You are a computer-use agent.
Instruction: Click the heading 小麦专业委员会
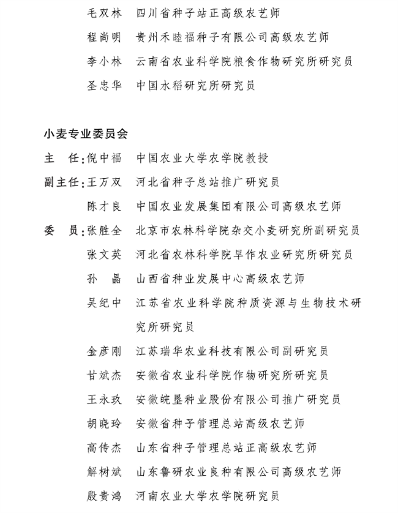(x=86, y=133)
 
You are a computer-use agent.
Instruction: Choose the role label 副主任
(x=62, y=182)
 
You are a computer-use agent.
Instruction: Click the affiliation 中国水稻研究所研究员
(x=195, y=85)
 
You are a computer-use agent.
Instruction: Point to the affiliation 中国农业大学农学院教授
(x=202, y=158)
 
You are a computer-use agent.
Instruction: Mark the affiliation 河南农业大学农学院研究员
(x=208, y=495)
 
